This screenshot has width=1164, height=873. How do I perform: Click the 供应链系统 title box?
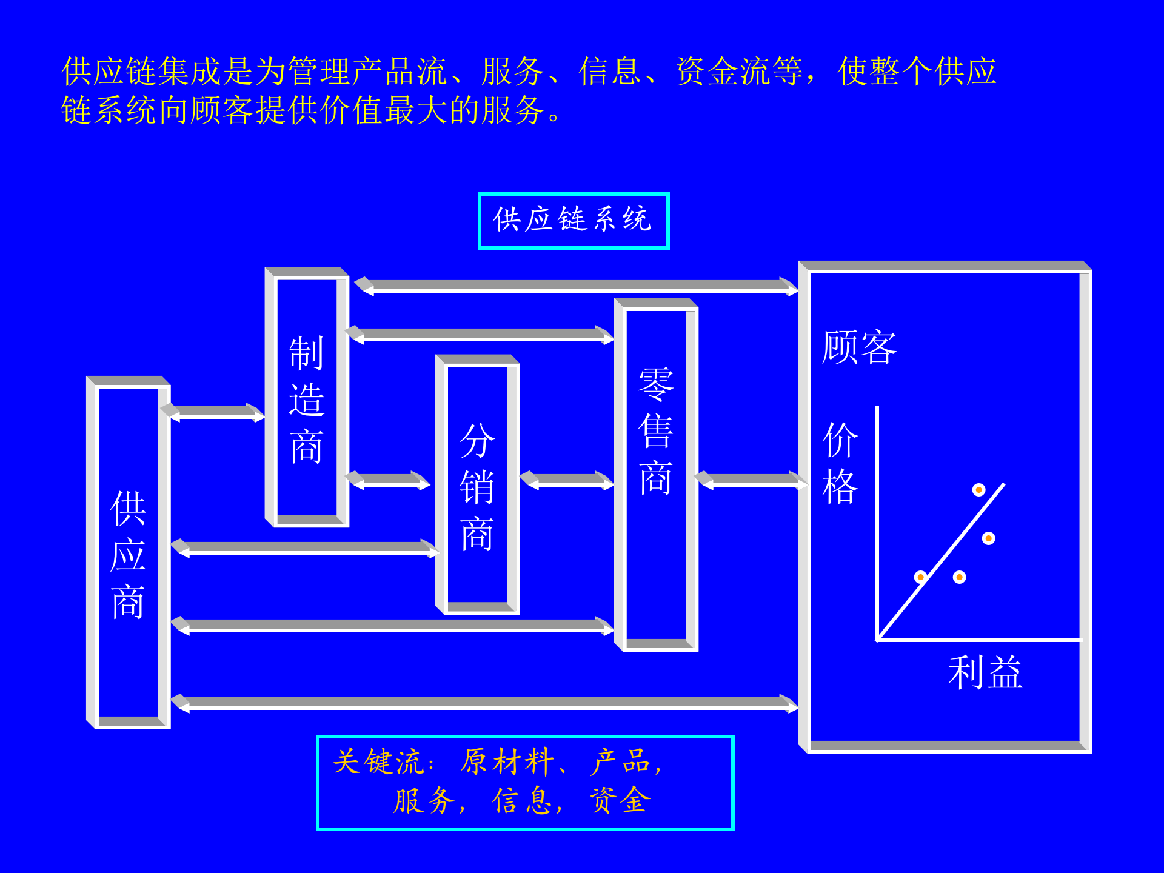click(x=573, y=221)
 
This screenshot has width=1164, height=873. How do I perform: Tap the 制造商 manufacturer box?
click(x=307, y=398)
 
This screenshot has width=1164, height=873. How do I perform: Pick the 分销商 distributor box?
click(x=477, y=485)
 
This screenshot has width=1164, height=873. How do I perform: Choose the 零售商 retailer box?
click(x=656, y=475)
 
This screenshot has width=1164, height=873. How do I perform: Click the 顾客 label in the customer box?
click(x=859, y=347)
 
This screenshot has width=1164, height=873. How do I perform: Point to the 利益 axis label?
click(x=985, y=672)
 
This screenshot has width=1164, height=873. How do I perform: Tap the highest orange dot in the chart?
click(x=978, y=489)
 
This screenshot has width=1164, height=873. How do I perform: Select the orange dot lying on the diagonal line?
click(x=920, y=577)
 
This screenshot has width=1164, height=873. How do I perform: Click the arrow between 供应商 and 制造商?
click(x=213, y=413)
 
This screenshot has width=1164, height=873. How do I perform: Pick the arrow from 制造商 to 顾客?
click(x=576, y=286)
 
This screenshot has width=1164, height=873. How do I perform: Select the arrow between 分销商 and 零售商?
click(x=567, y=480)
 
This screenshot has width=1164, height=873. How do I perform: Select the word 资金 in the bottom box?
click(x=620, y=800)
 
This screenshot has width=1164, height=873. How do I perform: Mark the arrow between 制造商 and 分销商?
click(x=388, y=480)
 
